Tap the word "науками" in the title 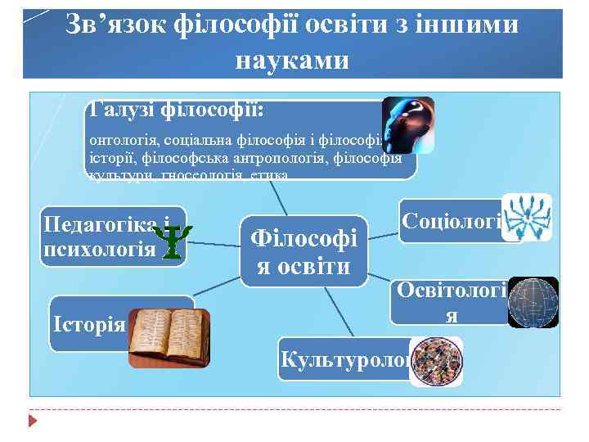pos(292,59)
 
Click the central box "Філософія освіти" pos(303,252)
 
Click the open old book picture pos(169,336)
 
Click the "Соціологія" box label pos(451,221)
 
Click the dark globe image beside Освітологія pos(533,302)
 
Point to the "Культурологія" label pos(344,359)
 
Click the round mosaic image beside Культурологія pos(437,361)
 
